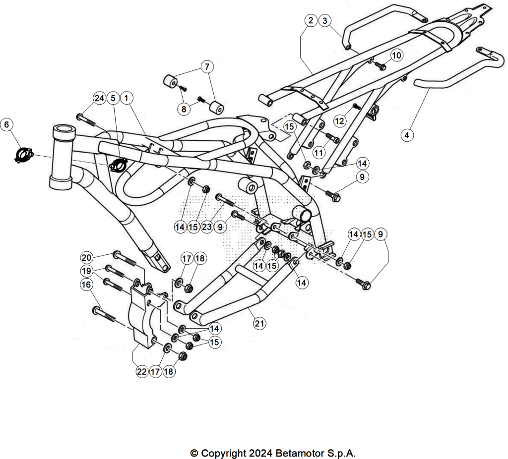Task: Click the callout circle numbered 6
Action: (7, 124)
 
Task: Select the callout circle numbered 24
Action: (99, 98)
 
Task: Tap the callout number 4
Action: (407, 135)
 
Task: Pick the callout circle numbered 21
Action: (259, 323)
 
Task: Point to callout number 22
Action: (142, 371)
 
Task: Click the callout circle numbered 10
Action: (396, 56)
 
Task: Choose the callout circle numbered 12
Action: (339, 121)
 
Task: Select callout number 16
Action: (86, 285)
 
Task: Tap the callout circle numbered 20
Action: (86, 258)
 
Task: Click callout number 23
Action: (207, 227)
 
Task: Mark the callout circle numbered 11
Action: (319, 152)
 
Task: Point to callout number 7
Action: (207, 67)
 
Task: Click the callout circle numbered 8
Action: (184, 109)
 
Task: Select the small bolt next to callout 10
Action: (380, 66)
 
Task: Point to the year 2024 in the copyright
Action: (259, 453)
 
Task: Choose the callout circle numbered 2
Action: (311, 20)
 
